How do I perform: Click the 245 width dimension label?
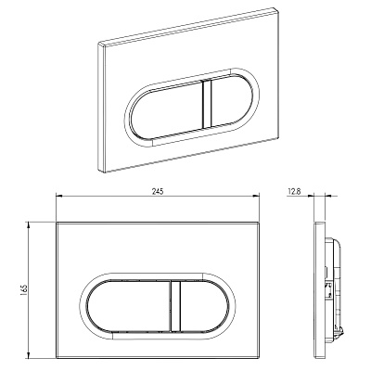coord(158,191)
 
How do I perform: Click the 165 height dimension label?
coord(25,290)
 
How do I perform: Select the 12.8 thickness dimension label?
coord(294,191)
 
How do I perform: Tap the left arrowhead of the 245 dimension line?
coord(58,196)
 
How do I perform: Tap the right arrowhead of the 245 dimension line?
coord(256,196)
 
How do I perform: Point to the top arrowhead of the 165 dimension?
coord(29,225)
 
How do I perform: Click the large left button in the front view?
coord(128,305)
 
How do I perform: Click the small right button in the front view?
coord(205,305)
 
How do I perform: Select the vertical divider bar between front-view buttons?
coord(175,305)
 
